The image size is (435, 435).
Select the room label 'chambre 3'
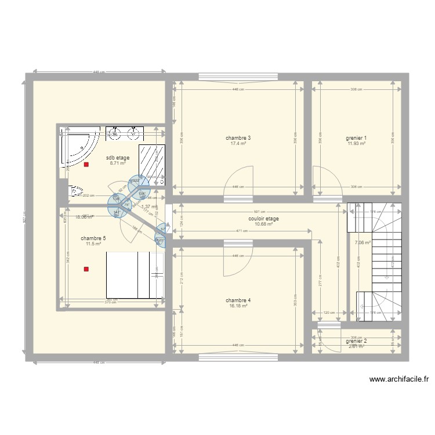pos(238,138)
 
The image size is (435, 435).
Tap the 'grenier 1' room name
pos(356,138)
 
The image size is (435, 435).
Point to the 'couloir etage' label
pos(263,219)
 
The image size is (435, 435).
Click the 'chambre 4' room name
pos(238,300)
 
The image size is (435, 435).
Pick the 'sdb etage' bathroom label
pos(118,158)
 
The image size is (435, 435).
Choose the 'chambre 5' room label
pos(93,238)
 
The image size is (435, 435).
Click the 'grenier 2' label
pos(357,341)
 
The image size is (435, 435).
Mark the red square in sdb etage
pos(86,165)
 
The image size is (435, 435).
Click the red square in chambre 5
pos(86,269)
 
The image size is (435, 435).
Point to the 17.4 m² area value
pos(238,144)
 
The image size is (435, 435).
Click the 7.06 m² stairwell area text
pos(362,243)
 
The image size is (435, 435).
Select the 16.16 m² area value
pos(238,306)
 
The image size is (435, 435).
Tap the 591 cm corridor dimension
pos(259,212)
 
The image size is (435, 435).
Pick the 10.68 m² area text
pos(263,224)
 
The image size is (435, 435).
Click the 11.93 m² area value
pos(356,144)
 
